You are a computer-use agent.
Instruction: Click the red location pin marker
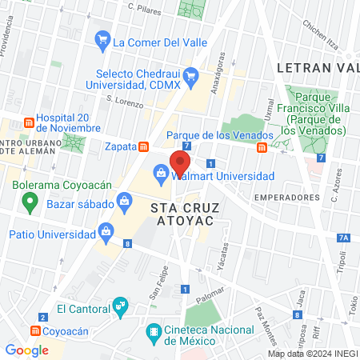[178, 162]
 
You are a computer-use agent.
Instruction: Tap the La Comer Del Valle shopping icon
[102, 39]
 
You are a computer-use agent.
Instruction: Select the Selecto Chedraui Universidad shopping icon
[190, 77]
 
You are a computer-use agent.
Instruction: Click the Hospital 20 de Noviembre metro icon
[29, 122]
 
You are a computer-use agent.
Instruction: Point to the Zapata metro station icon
[144, 146]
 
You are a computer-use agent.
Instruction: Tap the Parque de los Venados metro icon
[262, 147]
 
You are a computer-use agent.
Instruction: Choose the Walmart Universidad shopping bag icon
[161, 173]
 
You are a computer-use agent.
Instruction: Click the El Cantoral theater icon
[120, 304]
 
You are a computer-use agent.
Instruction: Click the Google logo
[26, 350]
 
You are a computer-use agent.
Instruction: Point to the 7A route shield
[343, 238]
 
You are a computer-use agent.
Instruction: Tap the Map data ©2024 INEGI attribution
[313, 354]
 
